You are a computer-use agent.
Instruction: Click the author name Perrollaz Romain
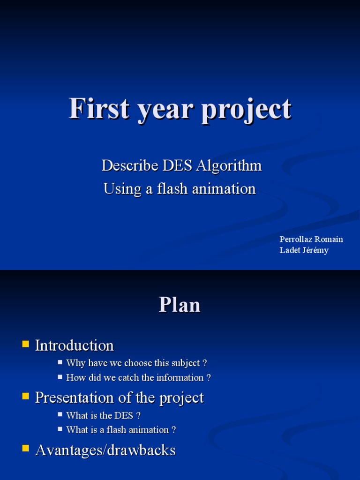click(311, 239)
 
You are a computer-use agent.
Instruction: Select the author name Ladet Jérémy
click(304, 250)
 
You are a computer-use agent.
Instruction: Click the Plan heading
click(180, 305)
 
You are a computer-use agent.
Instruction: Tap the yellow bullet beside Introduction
click(25, 345)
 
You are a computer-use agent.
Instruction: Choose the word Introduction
click(75, 345)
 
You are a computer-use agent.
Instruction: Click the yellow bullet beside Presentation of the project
click(25, 397)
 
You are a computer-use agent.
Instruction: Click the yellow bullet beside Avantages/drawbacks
click(25, 449)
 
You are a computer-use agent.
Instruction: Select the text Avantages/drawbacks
click(105, 450)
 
